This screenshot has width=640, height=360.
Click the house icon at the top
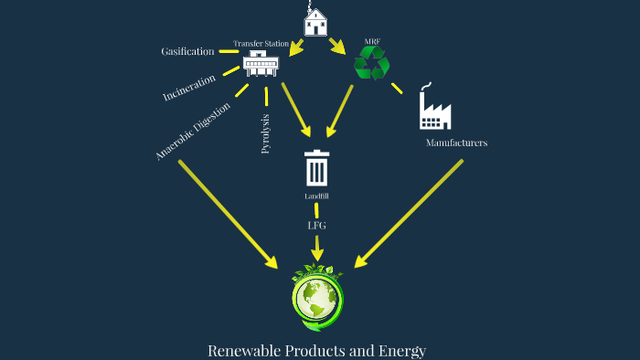315,22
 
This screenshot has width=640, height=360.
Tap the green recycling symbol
372,63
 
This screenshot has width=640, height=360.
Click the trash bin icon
316,168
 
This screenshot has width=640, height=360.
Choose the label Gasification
187,51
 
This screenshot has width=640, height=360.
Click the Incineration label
189,88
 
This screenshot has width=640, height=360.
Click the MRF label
372,41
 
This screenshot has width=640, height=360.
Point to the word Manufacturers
456,143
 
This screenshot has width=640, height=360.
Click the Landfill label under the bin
316,196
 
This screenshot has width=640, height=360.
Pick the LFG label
316,225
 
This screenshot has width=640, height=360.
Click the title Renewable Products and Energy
317,350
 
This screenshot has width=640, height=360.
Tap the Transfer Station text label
261,43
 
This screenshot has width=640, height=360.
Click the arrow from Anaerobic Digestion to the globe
228,214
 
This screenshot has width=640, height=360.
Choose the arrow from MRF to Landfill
339,115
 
